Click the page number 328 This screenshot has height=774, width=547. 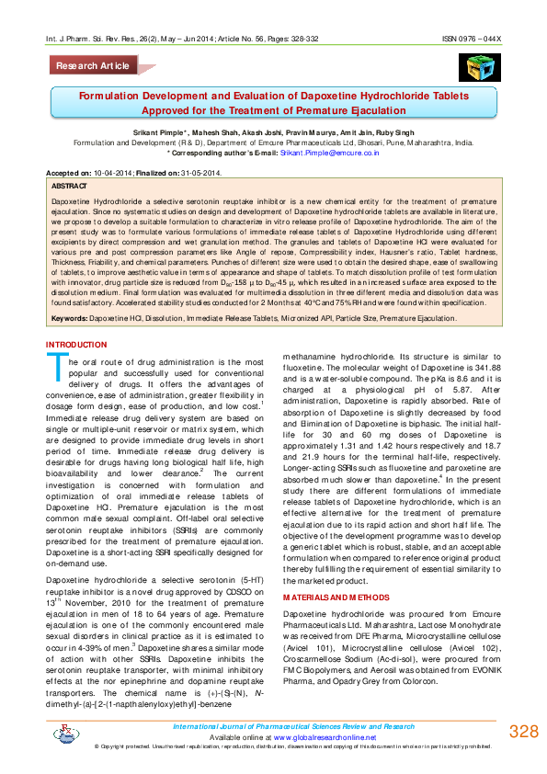tap(522, 733)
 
